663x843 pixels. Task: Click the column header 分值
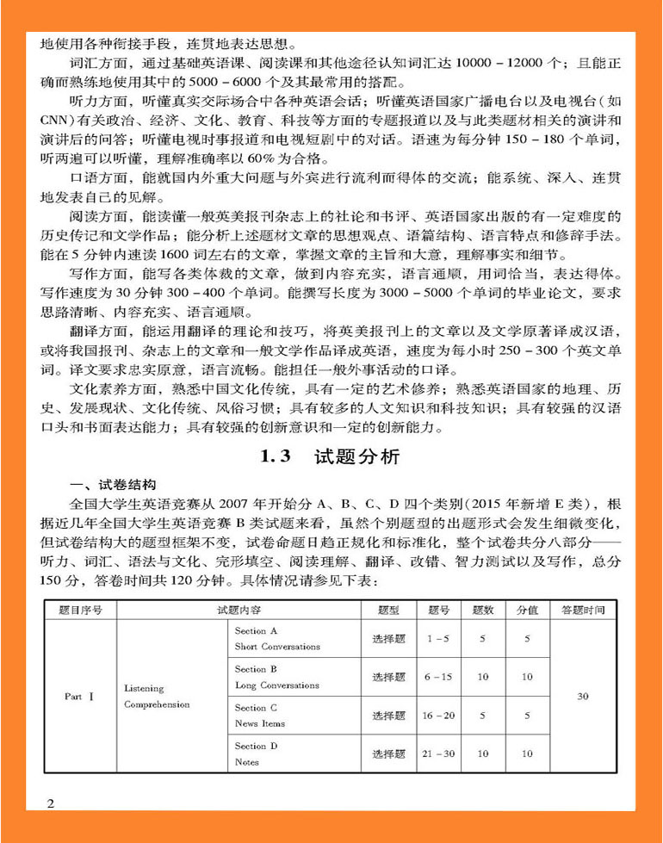click(x=527, y=610)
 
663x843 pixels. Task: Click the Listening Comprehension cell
click(x=157, y=697)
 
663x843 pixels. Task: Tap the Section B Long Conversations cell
click(x=276, y=677)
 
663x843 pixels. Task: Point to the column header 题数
click(x=483, y=610)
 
